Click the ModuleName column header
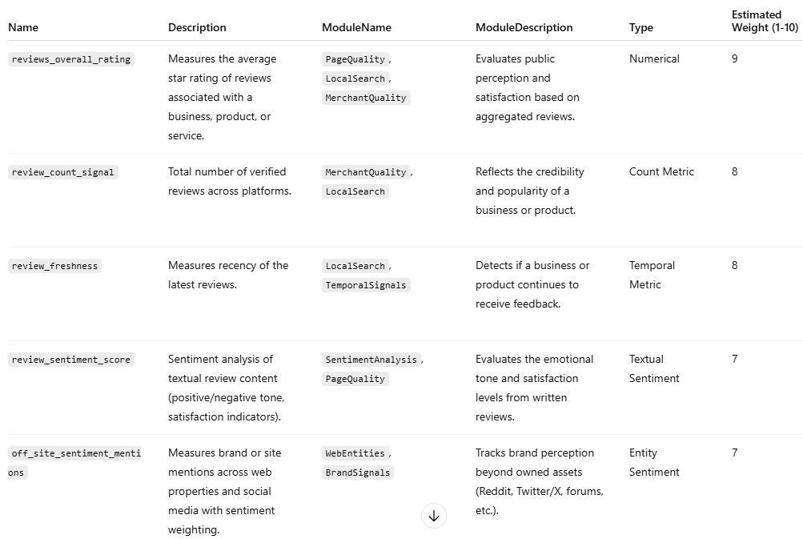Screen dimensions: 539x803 (356, 27)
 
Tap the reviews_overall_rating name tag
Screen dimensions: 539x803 (70, 59)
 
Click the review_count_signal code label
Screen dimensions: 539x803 (62, 172)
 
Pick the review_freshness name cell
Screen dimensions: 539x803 (54, 266)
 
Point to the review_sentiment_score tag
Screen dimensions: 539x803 (70, 360)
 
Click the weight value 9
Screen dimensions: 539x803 (735, 58)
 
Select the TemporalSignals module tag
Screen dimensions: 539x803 (365, 285)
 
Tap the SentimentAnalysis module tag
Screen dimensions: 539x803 (371, 360)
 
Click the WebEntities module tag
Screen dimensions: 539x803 (355, 453)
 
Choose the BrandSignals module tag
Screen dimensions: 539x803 (357, 473)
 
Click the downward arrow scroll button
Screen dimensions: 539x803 (434, 517)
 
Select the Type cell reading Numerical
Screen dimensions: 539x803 (654, 58)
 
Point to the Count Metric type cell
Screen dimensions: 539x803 (661, 171)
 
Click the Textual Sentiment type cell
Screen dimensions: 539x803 (654, 368)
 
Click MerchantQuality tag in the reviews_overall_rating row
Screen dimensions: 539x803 (365, 98)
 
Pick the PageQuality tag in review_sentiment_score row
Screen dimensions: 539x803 (355, 379)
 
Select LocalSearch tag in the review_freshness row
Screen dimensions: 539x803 (355, 266)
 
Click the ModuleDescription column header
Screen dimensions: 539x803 (524, 27)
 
